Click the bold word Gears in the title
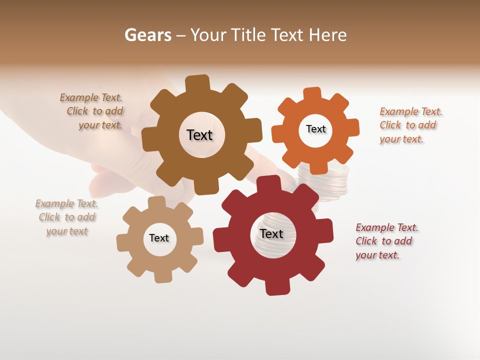(147, 35)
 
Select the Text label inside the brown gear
(199, 135)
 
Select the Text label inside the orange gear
(315, 129)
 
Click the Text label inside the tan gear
(159, 238)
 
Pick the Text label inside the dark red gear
(271, 233)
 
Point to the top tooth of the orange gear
(312, 94)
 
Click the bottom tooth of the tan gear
(162, 276)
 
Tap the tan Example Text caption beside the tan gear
(67, 217)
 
